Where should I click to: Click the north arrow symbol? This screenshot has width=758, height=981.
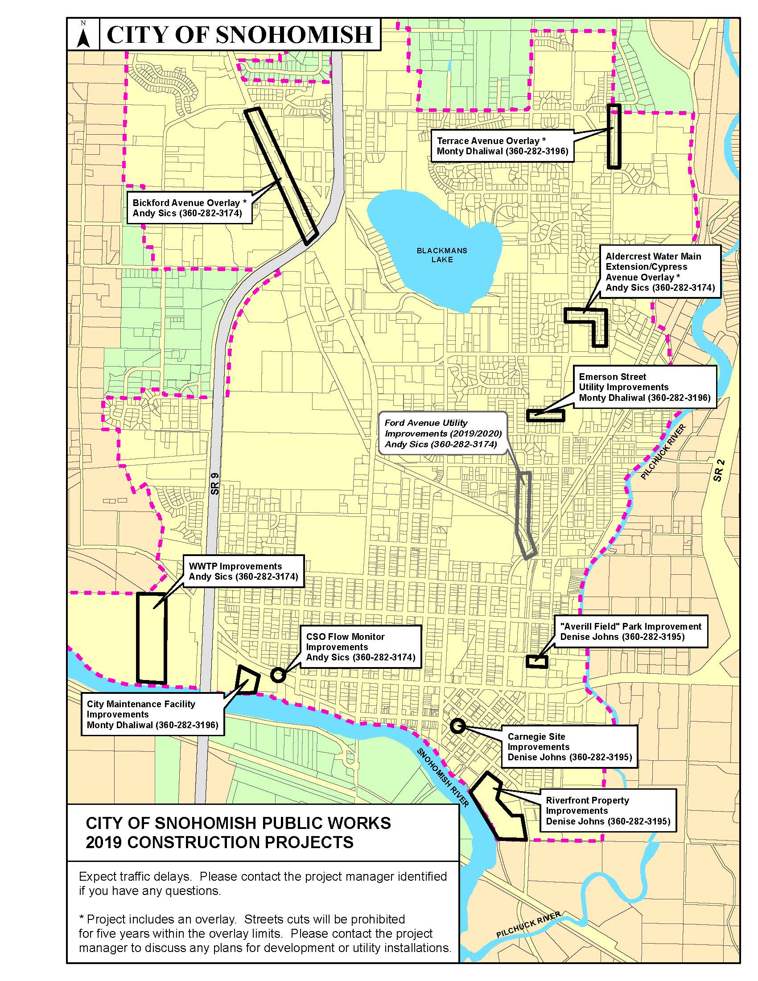tap(83, 34)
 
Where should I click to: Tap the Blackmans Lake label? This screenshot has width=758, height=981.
tap(442, 255)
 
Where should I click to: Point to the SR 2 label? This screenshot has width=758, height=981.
tap(718, 471)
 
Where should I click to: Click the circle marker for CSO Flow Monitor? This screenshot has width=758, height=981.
tap(278, 675)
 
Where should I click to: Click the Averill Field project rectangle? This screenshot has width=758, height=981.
tap(536, 661)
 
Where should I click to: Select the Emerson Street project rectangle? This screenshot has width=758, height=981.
tap(545, 416)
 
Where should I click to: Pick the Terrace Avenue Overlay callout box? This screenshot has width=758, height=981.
tap(502, 146)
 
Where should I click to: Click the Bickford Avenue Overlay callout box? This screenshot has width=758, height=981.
tap(189, 208)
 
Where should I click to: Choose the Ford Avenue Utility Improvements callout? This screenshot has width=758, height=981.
tap(443, 433)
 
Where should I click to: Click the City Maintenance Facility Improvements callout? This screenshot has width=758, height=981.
tap(152, 714)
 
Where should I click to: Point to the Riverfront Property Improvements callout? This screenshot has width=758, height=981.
tap(608, 811)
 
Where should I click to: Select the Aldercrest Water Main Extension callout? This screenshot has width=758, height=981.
tap(659, 272)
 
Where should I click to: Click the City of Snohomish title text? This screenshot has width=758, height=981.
tap(240, 35)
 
